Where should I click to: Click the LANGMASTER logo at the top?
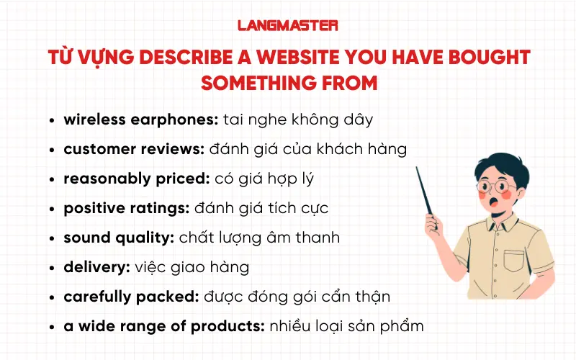click(287, 25)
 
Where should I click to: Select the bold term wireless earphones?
click(140, 120)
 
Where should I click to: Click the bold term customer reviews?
click(135, 149)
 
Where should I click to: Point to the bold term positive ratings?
click(126, 208)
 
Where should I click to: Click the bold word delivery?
click(96, 267)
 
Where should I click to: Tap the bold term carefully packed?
click(125, 297)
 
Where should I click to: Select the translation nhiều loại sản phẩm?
click(347, 326)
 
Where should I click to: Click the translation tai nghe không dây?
click(298, 120)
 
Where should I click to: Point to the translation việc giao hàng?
click(192, 267)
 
